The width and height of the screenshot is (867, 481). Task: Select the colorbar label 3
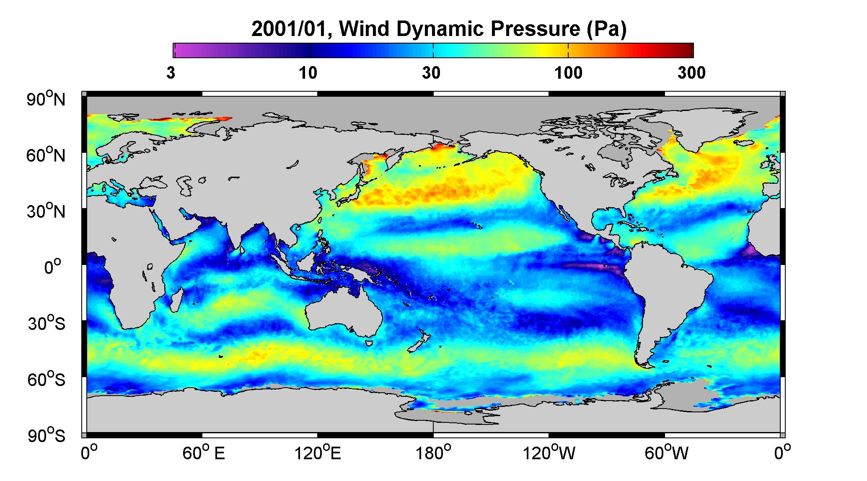171,73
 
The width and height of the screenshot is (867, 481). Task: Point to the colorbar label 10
308,73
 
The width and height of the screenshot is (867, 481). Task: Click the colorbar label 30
432,73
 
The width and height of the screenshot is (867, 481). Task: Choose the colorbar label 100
568,73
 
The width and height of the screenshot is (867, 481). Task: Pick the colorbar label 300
691,73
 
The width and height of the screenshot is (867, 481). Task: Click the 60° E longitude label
204,453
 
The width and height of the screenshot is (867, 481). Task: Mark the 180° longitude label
433,453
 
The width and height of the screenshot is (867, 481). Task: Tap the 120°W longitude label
549,453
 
